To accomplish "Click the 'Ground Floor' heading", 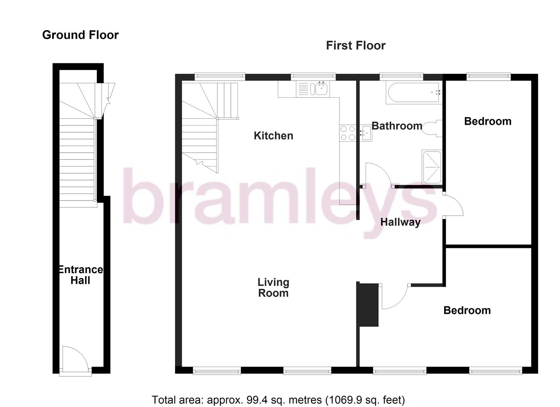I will pyautogui.click(x=80, y=35).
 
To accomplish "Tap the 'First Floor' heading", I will pyautogui.click(x=355, y=46).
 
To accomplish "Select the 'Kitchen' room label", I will pyautogui.click(x=273, y=136).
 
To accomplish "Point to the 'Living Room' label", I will pyautogui.click(x=273, y=288).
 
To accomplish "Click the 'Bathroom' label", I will pyautogui.click(x=397, y=126).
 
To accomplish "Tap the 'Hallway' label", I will pyautogui.click(x=400, y=222).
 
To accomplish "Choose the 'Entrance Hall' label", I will pyautogui.click(x=80, y=275).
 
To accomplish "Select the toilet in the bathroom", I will pyautogui.click(x=431, y=129).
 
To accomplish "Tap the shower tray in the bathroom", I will pyautogui.click(x=431, y=167).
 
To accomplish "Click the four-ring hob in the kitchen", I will pyautogui.click(x=348, y=133).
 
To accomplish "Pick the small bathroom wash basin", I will pyautogui.click(x=365, y=133).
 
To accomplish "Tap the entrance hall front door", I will pyautogui.click(x=75, y=360).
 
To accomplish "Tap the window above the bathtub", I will pyautogui.click(x=401, y=77).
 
